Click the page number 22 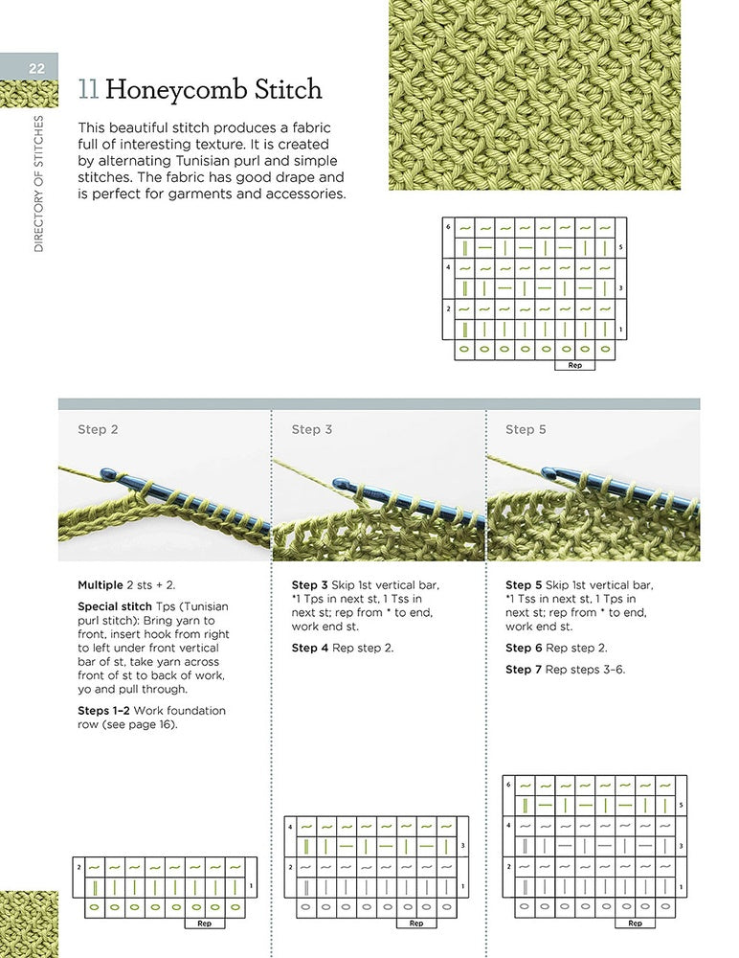(x=36, y=68)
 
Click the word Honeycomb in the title (x=176, y=90)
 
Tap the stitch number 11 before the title (x=89, y=89)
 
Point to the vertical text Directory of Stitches (x=38, y=183)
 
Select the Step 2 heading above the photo (x=98, y=429)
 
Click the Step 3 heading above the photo (x=311, y=429)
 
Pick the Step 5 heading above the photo (x=526, y=429)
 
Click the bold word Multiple (x=101, y=585)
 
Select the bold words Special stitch (x=114, y=606)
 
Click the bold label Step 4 (x=309, y=649)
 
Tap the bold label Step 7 (x=524, y=670)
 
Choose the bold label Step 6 (x=524, y=649)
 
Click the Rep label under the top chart (x=574, y=365)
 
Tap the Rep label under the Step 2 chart (x=204, y=924)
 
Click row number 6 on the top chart (x=448, y=227)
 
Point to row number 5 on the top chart (x=620, y=247)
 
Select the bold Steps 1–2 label (x=103, y=711)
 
